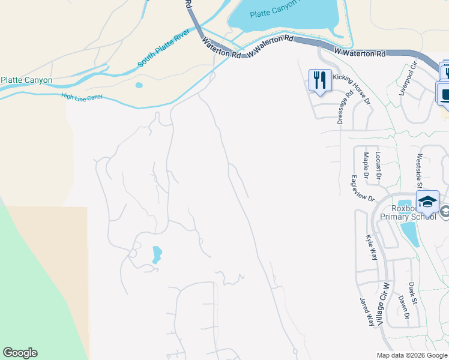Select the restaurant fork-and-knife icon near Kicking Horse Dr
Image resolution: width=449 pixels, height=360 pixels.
319,79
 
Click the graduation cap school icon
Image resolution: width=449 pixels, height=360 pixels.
427,202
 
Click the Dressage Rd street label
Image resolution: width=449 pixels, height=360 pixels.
342,107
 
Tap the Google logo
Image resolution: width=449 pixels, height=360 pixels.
20,353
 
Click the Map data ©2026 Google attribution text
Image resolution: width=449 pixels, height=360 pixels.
412,355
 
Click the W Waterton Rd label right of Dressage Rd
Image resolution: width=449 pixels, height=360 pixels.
360,53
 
